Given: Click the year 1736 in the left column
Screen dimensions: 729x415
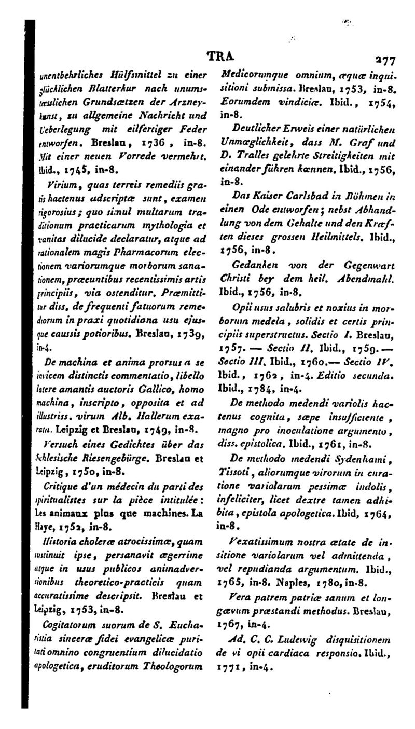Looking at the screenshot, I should coord(156,141).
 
